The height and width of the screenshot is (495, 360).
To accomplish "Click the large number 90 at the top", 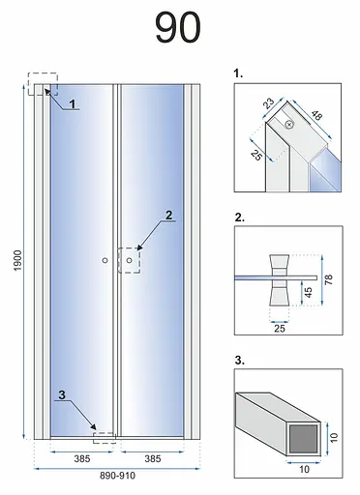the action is coord(178,27).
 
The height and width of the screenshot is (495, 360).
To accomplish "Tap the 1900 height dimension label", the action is coord(17,261).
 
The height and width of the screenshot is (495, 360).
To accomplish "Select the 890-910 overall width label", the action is coord(117,476).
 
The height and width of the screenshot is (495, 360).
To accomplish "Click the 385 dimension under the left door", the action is coord(82,458).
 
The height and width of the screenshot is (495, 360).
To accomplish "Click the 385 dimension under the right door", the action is coord(153,458).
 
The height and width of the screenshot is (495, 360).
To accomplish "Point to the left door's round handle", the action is coord(105,260).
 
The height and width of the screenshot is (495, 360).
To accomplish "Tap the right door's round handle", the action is coord(130,260).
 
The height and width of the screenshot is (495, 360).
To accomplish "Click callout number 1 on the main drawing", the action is coord(73,104).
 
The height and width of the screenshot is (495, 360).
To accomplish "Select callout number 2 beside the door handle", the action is coord(168,216).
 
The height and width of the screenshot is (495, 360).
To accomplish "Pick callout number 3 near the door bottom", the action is coord(62,394).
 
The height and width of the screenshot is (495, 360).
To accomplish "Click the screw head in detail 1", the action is coord(289,124).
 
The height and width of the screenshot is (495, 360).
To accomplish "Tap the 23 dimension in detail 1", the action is coord(268,103).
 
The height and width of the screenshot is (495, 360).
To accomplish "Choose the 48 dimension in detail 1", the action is coord(316,115).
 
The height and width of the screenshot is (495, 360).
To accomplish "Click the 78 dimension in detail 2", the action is coord(328,279).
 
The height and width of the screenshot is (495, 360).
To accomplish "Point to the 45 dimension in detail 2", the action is coord(309,292).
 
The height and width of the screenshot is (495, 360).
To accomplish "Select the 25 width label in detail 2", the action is coord(280,329).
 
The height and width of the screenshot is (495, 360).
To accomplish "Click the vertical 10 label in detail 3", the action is coord(334,437).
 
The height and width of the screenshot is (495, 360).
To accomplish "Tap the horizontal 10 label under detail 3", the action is coord(305,469).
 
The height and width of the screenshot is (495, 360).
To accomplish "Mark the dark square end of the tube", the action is coord(303,438).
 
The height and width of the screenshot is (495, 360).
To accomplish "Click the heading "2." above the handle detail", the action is coord(240,218).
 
